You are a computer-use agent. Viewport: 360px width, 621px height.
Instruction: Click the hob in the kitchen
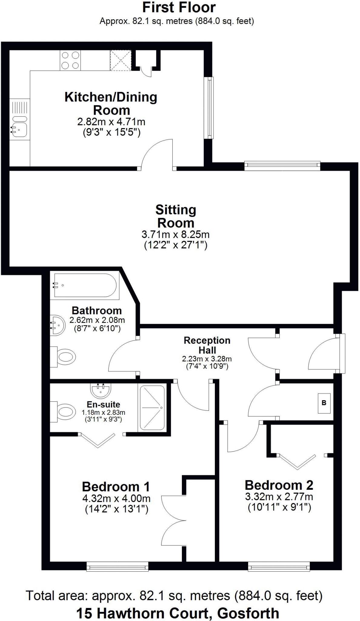(70, 60)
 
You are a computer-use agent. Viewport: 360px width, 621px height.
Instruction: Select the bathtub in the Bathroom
(85, 285)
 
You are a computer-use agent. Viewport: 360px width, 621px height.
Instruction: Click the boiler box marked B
(324, 403)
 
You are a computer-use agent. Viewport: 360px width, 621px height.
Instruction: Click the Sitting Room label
(176, 216)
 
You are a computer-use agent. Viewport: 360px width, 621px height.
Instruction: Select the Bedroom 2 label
(279, 485)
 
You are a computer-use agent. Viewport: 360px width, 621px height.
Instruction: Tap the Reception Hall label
(207, 345)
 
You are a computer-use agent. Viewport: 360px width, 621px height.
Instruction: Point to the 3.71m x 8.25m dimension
(176, 234)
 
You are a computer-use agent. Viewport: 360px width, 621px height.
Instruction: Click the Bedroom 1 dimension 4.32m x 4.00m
(116, 498)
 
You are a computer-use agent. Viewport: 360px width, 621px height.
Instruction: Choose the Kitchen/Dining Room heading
(111, 103)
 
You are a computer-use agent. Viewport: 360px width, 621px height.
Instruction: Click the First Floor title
(179, 8)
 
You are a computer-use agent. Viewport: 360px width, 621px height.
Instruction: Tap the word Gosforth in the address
(248, 613)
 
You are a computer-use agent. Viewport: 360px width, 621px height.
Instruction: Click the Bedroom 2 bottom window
(279, 566)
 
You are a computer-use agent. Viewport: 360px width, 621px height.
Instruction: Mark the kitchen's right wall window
(209, 108)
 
